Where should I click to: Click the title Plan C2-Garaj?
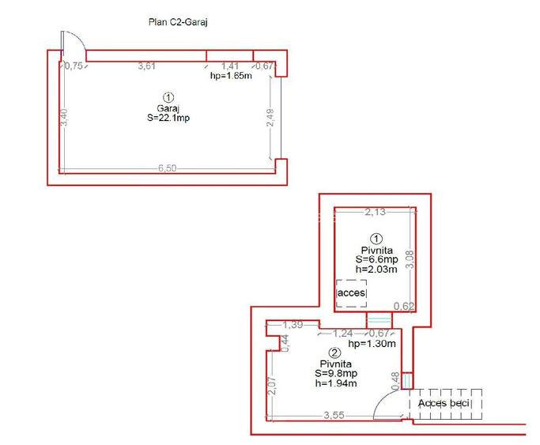[178, 23]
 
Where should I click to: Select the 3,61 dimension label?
[146, 66]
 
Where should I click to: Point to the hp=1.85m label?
[230, 77]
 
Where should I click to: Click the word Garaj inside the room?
[168, 108]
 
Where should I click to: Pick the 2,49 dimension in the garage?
[270, 116]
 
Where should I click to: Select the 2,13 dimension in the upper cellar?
[375, 211]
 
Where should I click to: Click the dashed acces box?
[351, 292]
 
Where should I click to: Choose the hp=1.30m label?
[372, 344]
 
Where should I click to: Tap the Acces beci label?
[444, 404]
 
